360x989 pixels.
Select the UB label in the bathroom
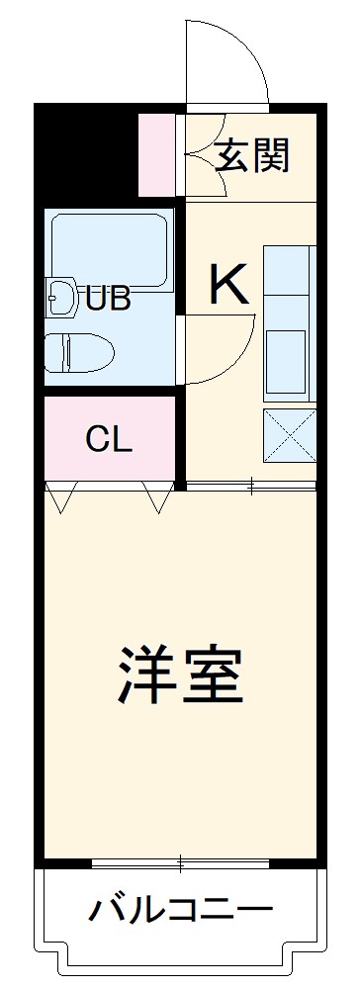click(108, 298)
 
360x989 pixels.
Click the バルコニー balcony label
click(182, 908)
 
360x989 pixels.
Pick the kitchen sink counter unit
click(289, 321)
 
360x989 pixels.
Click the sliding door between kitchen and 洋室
click(251, 485)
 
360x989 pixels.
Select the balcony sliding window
click(180, 863)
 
